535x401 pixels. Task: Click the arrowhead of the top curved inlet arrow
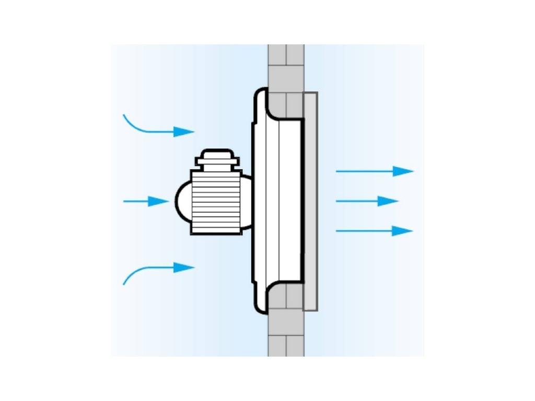click(184, 132)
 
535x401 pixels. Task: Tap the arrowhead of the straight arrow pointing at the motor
click(159, 201)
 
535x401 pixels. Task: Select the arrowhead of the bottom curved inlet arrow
click(184, 267)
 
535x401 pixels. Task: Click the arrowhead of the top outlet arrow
click(403, 171)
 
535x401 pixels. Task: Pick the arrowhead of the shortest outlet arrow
click(388, 201)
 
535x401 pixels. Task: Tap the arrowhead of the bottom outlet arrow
click(402, 231)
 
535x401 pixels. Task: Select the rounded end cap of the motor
click(182, 202)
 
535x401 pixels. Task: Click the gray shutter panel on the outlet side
click(310, 201)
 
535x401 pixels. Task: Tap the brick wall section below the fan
click(286, 334)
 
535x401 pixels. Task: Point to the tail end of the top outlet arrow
click(339, 171)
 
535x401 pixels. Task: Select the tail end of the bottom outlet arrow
click(339, 231)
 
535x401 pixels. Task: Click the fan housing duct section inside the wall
click(290, 201)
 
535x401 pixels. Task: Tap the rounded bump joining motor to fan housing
click(247, 201)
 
